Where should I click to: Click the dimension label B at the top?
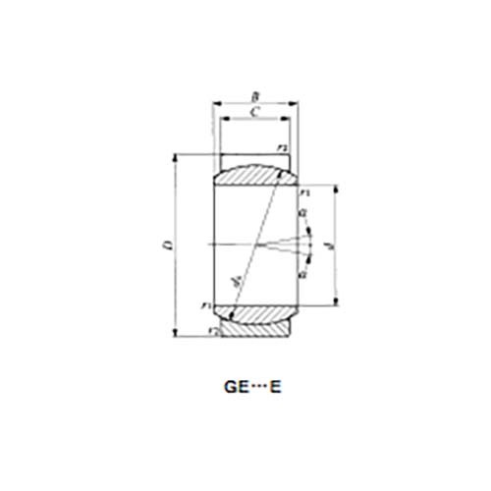255,96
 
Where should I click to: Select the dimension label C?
255,113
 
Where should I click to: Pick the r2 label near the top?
283,148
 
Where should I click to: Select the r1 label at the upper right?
305,191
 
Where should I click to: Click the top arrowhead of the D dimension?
177,156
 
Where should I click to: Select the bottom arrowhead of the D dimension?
177,334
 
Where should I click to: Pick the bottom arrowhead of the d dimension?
338,304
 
